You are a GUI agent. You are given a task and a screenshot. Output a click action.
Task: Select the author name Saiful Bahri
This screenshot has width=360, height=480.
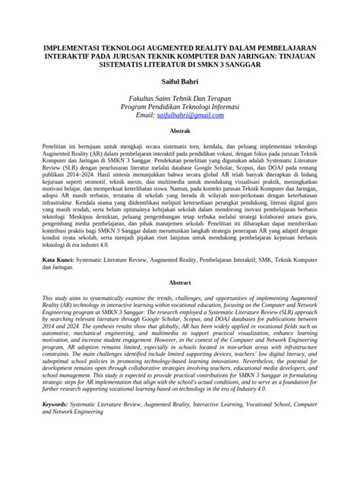[179, 81]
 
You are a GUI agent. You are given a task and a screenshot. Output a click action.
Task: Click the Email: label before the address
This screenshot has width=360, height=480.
[147, 115]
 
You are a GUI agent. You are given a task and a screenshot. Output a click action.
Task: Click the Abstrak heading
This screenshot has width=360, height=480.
[179, 131]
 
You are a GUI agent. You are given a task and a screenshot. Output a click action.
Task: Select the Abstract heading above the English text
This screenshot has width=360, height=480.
[179, 281]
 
